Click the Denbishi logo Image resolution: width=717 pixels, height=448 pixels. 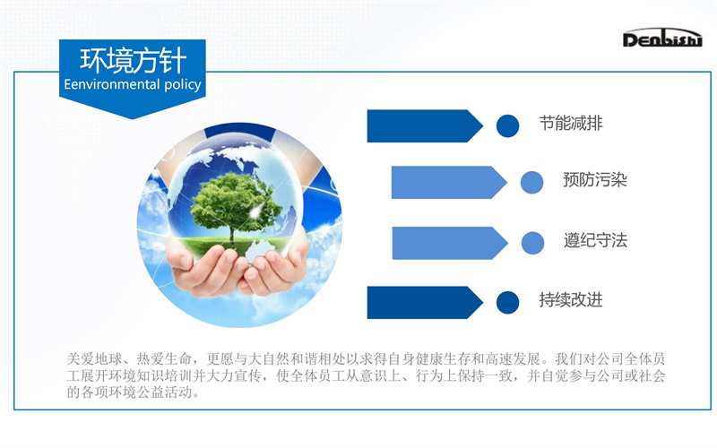tap(662, 38)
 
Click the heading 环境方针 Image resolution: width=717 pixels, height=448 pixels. tap(133, 60)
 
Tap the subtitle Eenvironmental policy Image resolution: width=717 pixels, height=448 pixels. tap(133, 84)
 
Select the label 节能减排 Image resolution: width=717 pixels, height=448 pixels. tap(571, 124)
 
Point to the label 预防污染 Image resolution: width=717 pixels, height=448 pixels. tap(594, 180)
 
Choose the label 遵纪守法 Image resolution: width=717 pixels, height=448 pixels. tap(595, 240)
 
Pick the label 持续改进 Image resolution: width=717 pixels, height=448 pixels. tap(571, 300)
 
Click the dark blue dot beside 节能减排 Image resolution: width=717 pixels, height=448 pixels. tap(507, 125)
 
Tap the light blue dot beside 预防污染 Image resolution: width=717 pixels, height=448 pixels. tap(531, 183)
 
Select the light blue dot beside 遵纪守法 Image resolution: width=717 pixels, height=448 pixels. tap(532, 243)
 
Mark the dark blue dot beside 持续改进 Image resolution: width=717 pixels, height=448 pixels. tap(507, 303)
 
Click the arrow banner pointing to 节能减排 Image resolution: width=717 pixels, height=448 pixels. tap(425, 125)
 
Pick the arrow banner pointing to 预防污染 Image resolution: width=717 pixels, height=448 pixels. tap(449, 183)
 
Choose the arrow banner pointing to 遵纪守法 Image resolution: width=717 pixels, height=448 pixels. tap(450, 243)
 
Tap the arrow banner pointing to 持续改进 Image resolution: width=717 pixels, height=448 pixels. tap(425, 303)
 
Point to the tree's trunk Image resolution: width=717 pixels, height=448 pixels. tap(232, 233)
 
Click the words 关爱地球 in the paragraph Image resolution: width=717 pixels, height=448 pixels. tap(95, 359)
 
